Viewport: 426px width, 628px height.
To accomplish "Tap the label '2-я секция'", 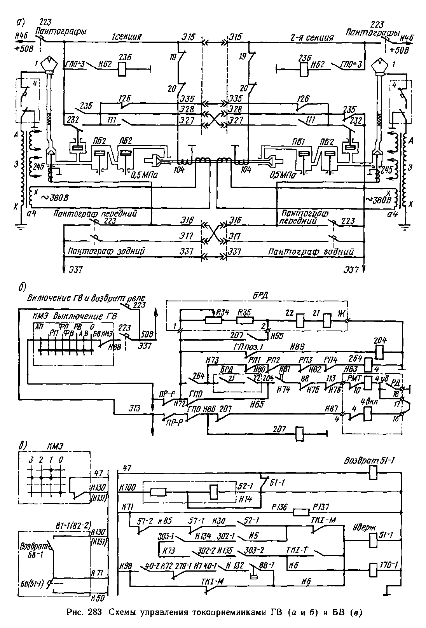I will click(312, 37).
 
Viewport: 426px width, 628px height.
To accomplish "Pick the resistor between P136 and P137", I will click(300, 512).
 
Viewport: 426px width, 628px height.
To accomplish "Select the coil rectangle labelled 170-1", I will click(372, 571).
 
